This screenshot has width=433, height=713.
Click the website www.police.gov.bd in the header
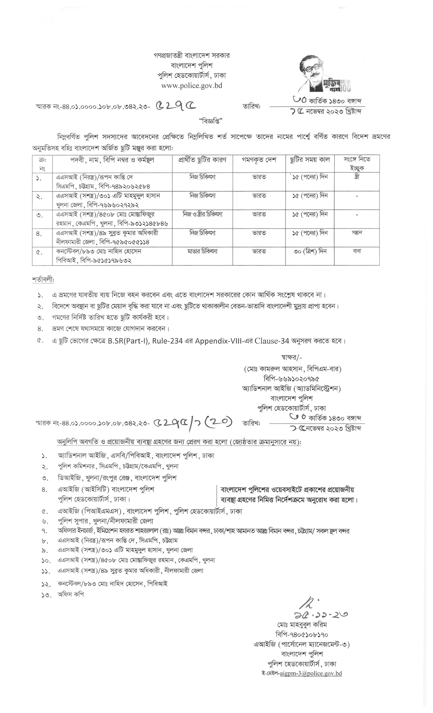(x=192, y=86)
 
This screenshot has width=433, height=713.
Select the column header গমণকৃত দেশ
(x=259, y=160)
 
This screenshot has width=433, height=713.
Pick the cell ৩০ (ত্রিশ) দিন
(x=310, y=251)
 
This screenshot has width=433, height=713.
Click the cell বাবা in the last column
(x=357, y=251)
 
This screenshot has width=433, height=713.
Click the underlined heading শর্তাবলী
(x=43, y=280)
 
